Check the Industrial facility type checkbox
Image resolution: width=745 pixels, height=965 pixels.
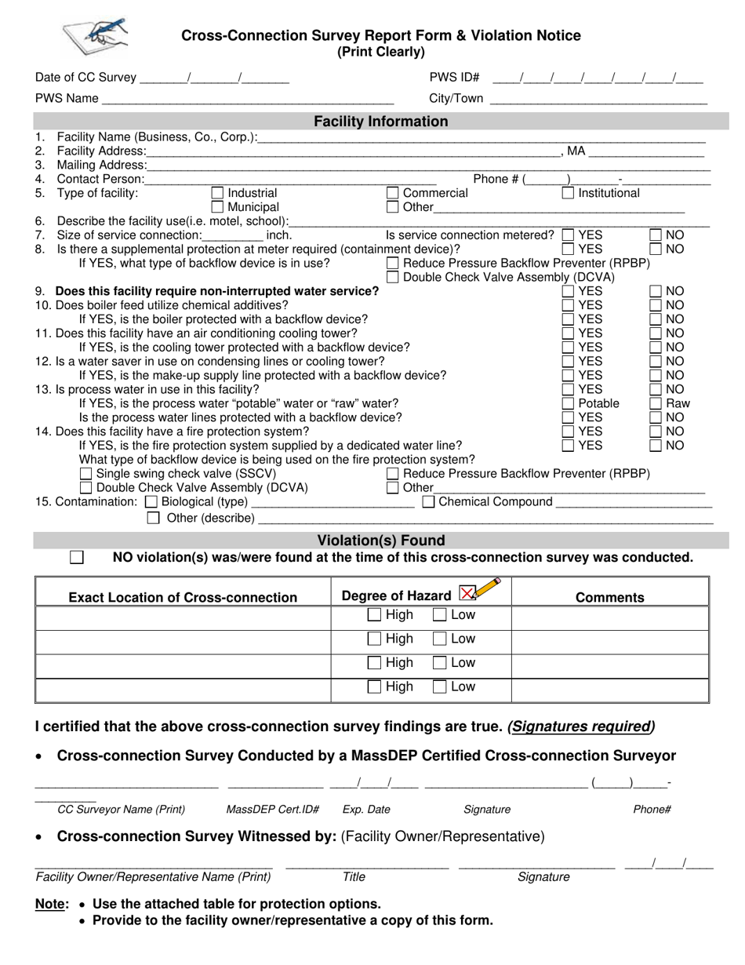coord(218,193)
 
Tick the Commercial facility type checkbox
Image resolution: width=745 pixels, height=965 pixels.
coord(393,193)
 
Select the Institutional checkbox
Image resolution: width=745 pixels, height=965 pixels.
coord(568,193)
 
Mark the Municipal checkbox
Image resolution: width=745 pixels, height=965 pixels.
coord(218,207)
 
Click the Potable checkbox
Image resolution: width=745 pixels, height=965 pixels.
coord(568,403)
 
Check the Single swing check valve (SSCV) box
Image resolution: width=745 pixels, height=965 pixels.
coord(86,474)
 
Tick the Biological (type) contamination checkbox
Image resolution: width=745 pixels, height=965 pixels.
coord(152,502)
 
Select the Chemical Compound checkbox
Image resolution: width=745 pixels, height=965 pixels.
coord(429,502)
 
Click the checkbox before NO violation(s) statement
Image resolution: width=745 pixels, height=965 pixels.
coord(77,557)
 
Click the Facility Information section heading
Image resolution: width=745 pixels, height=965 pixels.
coord(381,122)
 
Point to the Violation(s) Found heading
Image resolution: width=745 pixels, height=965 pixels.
coord(381,541)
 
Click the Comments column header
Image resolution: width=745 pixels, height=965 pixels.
coord(610,598)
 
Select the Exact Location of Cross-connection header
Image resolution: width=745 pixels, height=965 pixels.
coord(183,598)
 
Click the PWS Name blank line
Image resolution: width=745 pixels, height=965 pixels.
coord(247,100)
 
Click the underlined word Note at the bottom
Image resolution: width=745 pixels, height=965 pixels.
coord(52,904)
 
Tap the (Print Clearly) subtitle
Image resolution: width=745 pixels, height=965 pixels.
coord(381,52)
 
